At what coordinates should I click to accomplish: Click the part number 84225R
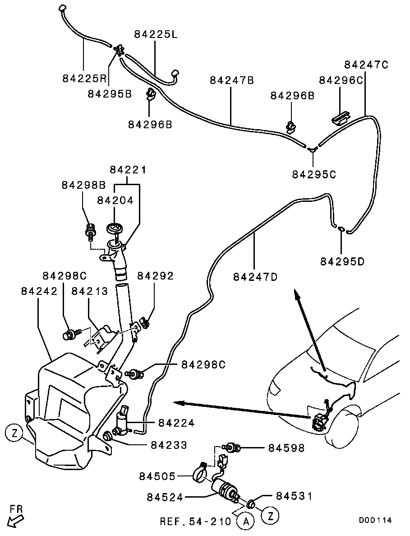pyautogui.click(x=84, y=79)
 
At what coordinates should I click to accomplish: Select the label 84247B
pyautogui.click(x=232, y=80)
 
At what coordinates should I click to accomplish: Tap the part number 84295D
pyautogui.click(x=342, y=261)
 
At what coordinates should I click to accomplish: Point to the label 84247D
pyautogui.click(x=255, y=276)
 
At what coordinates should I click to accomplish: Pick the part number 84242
pyautogui.click(x=39, y=291)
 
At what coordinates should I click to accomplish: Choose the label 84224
pyautogui.click(x=176, y=423)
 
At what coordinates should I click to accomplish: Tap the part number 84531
pyautogui.click(x=294, y=496)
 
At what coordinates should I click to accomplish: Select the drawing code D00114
pyautogui.click(x=375, y=520)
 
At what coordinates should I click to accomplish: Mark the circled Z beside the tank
pyautogui.click(x=14, y=434)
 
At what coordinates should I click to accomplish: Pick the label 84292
pyautogui.click(x=155, y=276)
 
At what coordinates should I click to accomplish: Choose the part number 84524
pyautogui.click(x=165, y=497)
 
